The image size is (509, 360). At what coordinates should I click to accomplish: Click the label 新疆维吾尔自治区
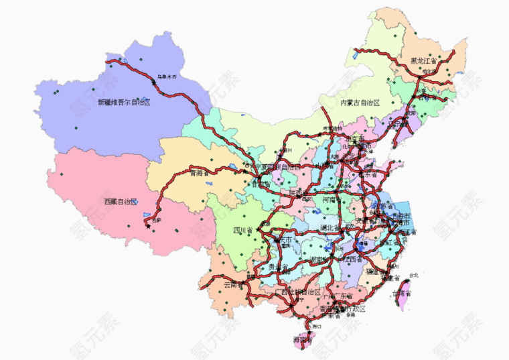(x=124, y=103)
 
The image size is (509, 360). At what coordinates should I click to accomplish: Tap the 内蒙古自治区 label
(x=360, y=103)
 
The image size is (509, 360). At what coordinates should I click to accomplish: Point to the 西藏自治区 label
(x=120, y=201)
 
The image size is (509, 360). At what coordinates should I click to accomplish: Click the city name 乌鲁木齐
(x=168, y=77)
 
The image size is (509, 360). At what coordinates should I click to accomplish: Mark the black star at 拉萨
(x=147, y=226)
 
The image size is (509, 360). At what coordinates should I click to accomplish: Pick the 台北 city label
(x=413, y=275)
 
